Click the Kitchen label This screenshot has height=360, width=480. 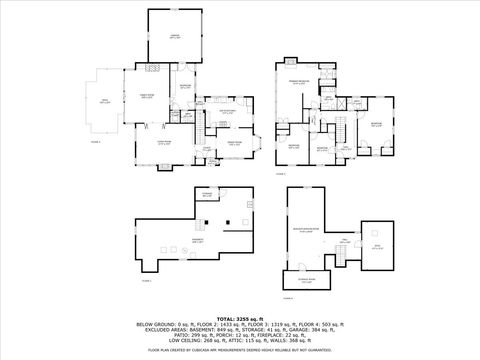228,113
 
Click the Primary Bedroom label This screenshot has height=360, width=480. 297,82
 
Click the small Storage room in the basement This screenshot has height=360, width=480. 206,195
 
